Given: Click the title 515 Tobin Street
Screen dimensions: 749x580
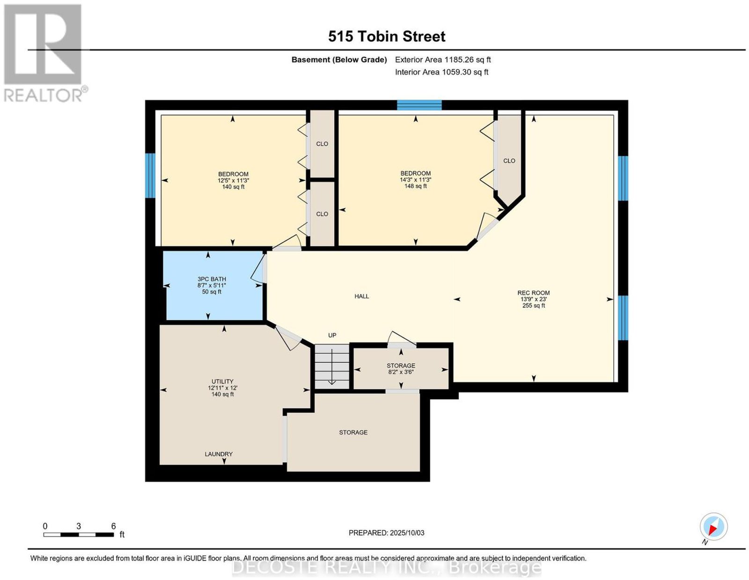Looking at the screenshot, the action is [x=386, y=36].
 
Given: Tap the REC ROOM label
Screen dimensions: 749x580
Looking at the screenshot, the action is [x=533, y=293].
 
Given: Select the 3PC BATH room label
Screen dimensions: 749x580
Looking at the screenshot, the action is [x=212, y=279].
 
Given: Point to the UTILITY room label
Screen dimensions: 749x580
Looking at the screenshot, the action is [x=222, y=381].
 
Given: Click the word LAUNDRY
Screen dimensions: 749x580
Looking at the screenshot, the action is [x=219, y=454].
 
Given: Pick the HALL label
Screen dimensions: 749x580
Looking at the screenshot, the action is [x=361, y=296].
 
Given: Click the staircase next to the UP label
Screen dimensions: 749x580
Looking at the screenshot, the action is [x=332, y=366].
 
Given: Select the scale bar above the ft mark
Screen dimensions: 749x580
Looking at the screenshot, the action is [x=79, y=535].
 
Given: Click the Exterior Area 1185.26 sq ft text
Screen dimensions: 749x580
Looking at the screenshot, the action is [x=443, y=59].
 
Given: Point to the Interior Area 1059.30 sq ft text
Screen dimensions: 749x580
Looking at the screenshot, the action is [x=441, y=72].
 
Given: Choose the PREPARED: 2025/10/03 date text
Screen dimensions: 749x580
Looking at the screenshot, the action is [x=386, y=533].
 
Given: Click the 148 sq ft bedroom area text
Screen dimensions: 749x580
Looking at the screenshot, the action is [x=415, y=186].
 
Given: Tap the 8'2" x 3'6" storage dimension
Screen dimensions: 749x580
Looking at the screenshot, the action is [x=401, y=372].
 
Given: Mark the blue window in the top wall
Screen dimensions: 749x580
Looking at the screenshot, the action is [x=419, y=105].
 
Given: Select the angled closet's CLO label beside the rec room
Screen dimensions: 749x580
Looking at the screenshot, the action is [x=509, y=161].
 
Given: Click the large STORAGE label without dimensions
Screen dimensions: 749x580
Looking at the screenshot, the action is [x=353, y=432].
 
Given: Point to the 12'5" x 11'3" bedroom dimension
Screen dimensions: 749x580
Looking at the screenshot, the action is [x=233, y=180].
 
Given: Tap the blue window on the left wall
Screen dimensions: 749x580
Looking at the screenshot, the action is [x=150, y=176].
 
